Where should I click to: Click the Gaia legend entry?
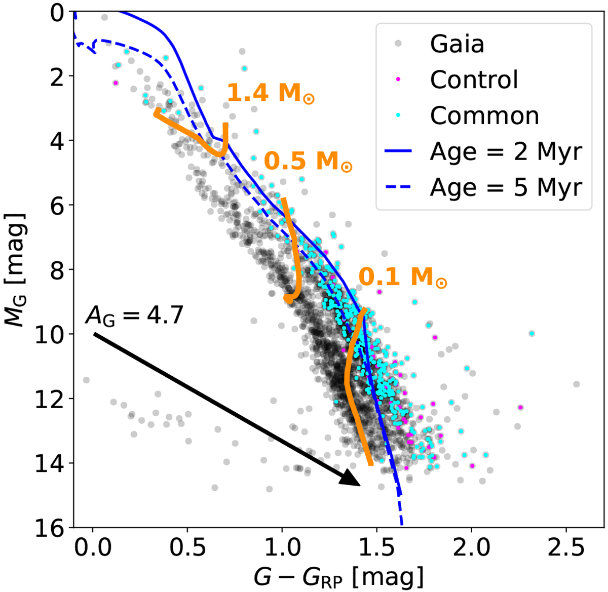[457, 44]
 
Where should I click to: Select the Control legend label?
[474, 80]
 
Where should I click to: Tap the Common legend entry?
[484, 116]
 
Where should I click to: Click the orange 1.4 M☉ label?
[270, 93]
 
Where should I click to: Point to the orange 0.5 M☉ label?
[308, 162]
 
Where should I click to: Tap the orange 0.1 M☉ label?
[403, 278]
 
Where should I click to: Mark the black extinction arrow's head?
[353, 479]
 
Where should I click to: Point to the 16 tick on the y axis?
[51, 528]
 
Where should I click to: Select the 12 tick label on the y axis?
[51, 399]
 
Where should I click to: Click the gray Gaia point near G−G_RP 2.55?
[577, 384]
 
